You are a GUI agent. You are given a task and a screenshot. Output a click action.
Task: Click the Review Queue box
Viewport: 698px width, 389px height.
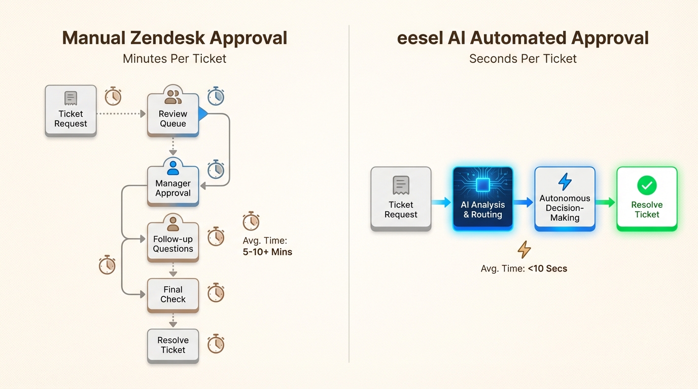(x=172, y=119)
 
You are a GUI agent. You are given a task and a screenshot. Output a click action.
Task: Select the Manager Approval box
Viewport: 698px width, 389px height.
(x=172, y=188)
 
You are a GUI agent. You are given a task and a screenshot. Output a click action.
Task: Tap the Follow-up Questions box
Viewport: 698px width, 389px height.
(x=172, y=244)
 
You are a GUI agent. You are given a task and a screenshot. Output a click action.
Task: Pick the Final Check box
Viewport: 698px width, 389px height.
(x=172, y=294)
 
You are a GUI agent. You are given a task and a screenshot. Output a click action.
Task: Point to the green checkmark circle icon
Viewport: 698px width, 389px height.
(x=647, y=186)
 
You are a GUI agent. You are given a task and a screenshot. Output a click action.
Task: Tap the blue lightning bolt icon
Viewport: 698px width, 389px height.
(x=565, y=181)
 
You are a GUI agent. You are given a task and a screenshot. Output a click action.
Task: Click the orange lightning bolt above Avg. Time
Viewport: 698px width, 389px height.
(x=524, y=249)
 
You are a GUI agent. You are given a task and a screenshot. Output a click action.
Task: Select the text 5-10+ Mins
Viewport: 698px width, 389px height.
(x=267, y=252)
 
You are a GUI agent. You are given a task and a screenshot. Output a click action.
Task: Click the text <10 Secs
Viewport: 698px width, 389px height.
(x=547, y=268)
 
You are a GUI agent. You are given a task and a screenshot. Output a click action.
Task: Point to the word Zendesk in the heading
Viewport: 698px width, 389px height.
(x=167, y=38)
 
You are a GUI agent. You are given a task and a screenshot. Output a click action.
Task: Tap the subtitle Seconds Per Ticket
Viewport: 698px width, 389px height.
(x=523, y=59)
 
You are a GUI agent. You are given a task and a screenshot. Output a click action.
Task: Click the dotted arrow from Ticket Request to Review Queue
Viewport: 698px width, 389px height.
(x=121, y=114)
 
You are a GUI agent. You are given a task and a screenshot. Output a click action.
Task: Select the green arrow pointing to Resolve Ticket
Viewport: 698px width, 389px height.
(x=605, y=203)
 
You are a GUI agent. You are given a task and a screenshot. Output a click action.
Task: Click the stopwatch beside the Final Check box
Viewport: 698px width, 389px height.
(x=216, y=293)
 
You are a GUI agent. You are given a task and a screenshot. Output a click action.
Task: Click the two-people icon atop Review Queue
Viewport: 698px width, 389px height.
(x=173, y=96)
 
